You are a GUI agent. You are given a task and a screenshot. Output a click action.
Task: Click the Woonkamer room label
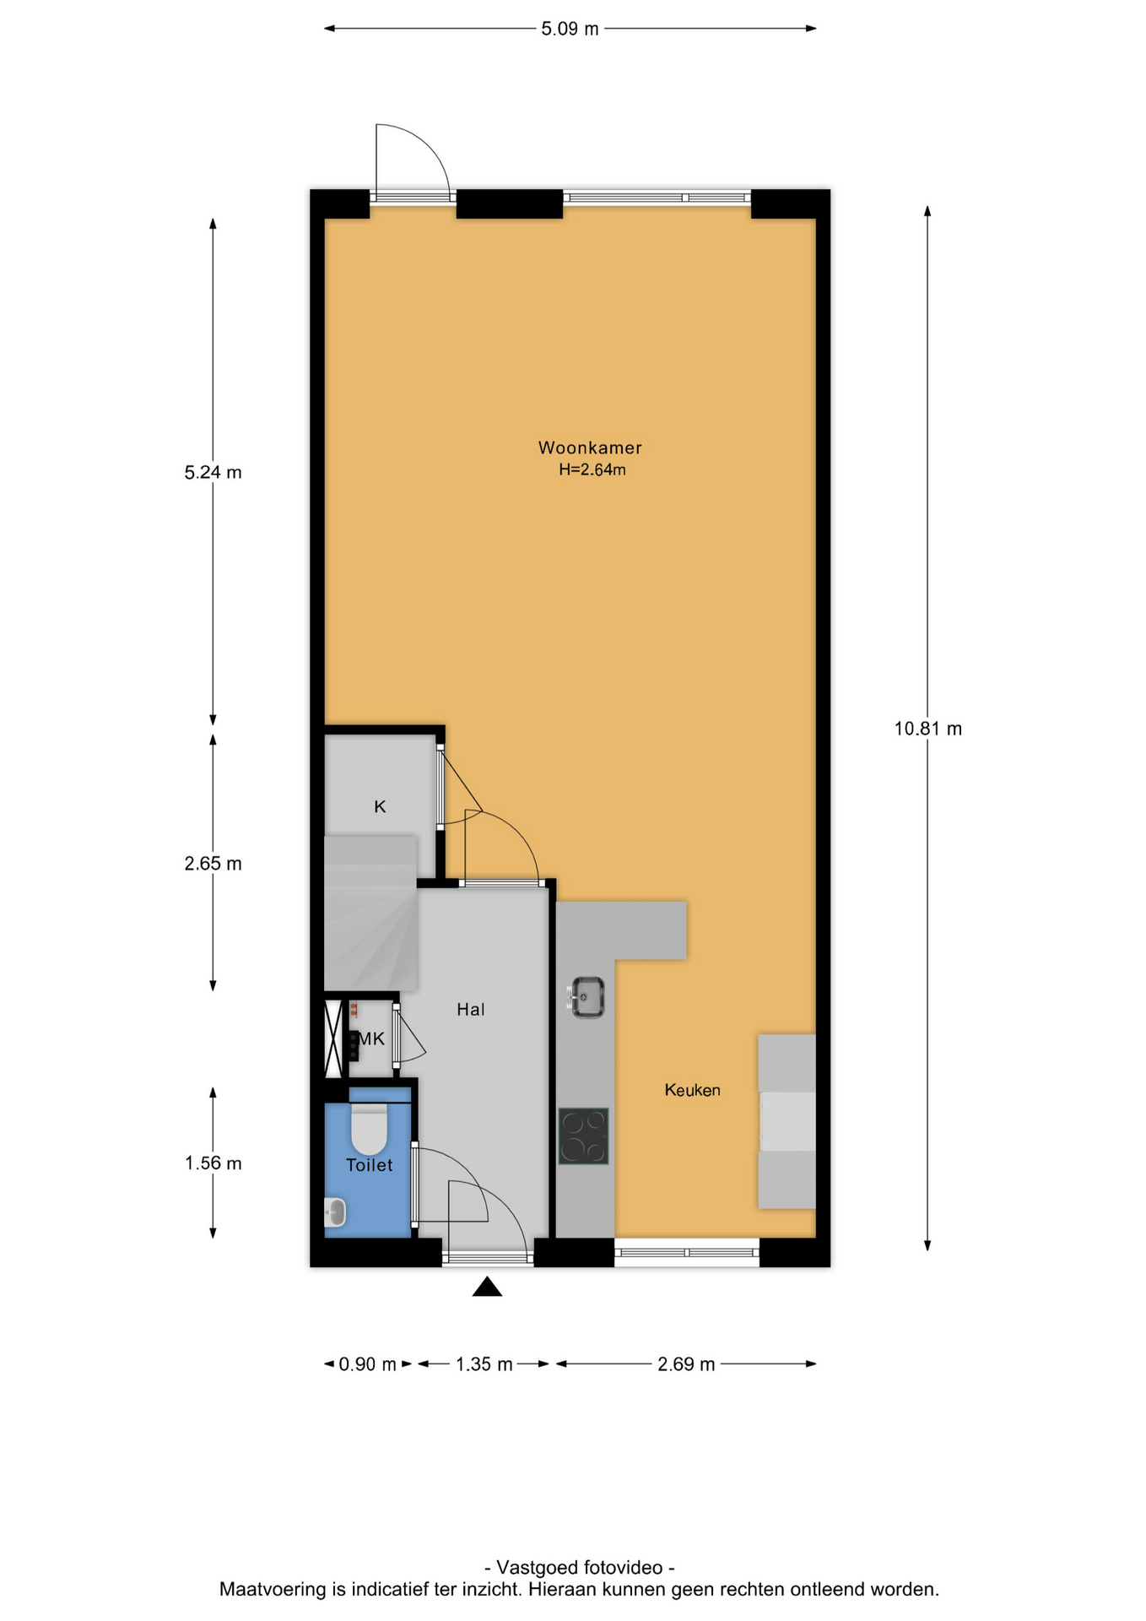590,447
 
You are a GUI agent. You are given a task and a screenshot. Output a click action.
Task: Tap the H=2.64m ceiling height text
592,470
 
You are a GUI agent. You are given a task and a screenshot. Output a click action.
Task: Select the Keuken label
692,1090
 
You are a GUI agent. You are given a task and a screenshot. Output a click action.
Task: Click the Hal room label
471,1009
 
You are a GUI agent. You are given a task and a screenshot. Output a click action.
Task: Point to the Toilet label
370,1165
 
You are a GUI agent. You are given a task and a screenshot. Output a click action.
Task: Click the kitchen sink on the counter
586,997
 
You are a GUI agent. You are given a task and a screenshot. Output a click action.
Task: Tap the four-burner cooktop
583,1136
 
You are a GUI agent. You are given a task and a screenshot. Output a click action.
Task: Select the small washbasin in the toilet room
335,1212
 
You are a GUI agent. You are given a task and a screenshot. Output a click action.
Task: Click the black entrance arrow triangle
487,1288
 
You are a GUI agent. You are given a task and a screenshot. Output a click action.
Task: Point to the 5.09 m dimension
570,29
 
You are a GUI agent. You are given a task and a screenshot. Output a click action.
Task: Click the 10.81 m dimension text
928,729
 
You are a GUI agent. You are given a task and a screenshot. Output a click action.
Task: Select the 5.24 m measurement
213,473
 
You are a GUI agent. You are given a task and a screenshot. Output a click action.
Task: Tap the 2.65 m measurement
213,864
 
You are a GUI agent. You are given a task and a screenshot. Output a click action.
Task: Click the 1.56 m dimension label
213,1163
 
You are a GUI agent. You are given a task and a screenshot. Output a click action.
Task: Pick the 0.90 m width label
367,1364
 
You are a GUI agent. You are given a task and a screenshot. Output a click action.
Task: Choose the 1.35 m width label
484,1364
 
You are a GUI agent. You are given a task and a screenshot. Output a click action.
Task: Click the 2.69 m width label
686,1364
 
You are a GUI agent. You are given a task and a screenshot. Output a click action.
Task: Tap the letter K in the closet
380,807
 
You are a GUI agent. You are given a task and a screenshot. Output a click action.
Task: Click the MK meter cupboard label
371,1039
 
